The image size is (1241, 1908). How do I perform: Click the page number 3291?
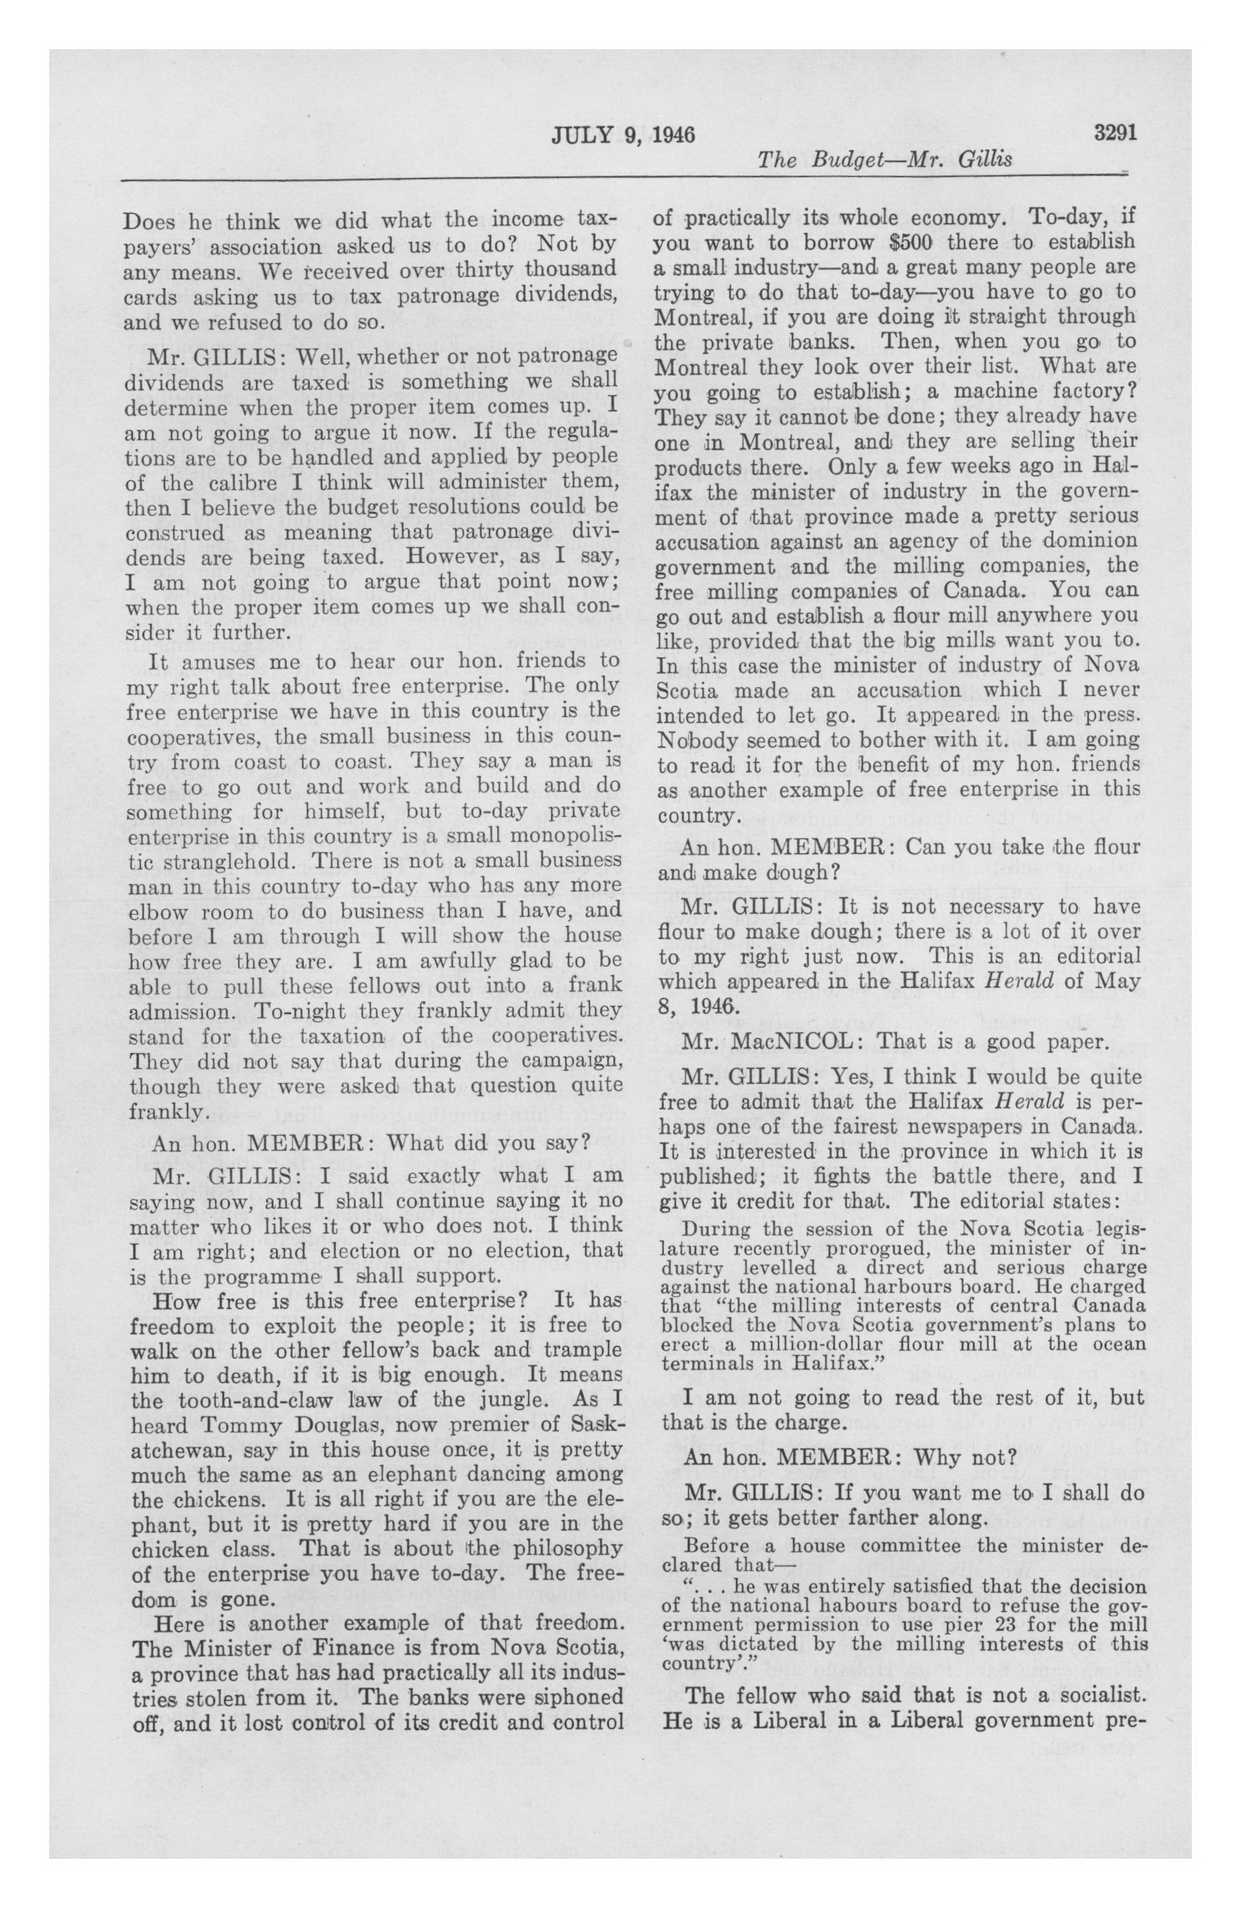click(1115, 133)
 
